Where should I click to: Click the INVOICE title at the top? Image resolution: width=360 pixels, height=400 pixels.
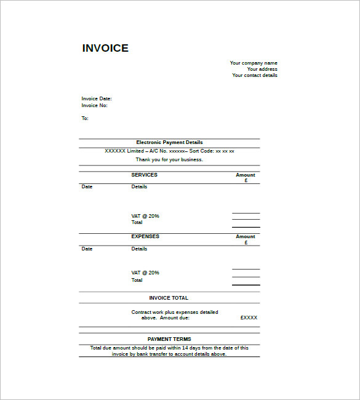[105, 49]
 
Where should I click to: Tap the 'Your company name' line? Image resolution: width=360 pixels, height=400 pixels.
[254, 63]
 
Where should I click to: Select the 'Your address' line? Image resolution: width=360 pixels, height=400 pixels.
[262, 69]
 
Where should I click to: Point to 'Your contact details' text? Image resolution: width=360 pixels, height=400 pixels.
[255, 75]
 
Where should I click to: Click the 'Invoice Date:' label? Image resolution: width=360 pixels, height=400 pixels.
[97, 98]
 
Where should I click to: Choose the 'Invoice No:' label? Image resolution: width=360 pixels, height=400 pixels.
[95, 105]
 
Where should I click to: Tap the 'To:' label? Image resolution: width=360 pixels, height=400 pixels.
[85, 118]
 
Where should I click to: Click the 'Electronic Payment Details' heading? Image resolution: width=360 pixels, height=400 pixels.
[169, 142]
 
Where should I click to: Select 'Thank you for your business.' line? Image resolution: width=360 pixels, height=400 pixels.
[169, 159]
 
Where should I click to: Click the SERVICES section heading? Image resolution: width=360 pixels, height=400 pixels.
[144, 175]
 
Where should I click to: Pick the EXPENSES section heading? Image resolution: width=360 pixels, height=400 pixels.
[145, 236]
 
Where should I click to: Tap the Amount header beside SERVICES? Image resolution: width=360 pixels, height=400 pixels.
[246, 175]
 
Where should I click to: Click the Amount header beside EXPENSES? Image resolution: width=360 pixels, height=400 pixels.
[246, 237]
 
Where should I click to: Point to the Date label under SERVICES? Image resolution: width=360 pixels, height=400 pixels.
[87, 186]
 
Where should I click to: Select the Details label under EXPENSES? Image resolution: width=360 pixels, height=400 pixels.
[139, 249]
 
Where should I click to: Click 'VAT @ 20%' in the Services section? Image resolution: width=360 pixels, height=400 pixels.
[145, 216]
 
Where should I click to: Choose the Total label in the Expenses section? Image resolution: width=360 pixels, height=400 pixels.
[137, 280]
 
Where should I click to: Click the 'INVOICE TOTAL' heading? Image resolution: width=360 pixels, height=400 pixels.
[169, 298]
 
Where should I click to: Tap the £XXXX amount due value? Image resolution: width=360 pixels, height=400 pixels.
[249, 318]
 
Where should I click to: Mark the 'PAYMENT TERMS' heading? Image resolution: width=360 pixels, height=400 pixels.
[169, 339]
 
